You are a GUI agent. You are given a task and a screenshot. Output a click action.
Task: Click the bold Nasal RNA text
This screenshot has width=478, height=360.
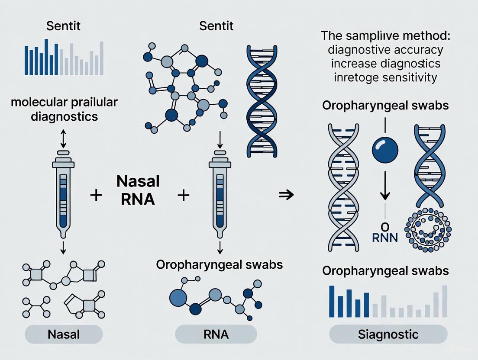pyautogui.click(x=138, y=190)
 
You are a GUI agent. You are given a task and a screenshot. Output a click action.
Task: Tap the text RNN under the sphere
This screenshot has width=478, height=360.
pyautogui.click(x=384, y=238)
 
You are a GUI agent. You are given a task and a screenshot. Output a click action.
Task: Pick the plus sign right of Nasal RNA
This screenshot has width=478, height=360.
pyautogui.click(x=184, y=196)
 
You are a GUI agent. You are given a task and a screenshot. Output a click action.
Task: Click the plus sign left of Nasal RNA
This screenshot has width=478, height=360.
pyautogui.click(x=96, y=196)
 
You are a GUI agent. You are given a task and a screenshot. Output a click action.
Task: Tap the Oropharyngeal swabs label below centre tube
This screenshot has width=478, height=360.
pyautogui.click(x=220, y=264)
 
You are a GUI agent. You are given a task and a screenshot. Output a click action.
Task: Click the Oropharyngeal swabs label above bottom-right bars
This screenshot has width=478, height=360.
pyautogui.click(x=385, y=271)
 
